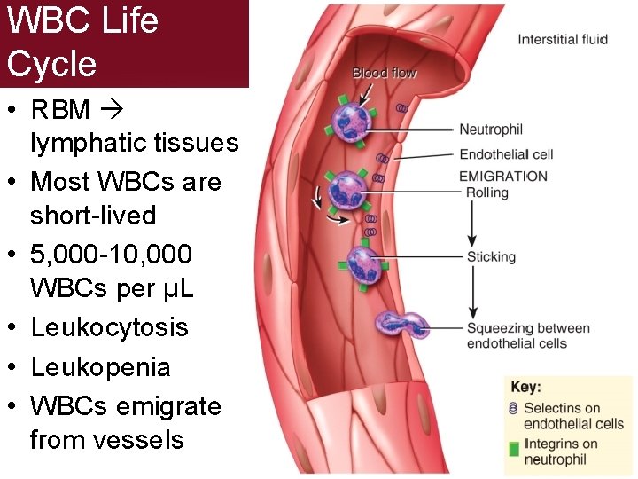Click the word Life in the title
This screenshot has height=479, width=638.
[x=127, y=20]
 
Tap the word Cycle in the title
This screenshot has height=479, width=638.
[x=51, y=63]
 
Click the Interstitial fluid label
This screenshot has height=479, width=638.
[x=562, y=39]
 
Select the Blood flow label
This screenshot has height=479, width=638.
[x=385, y=73]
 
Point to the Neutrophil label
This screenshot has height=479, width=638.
[x=491, y=130]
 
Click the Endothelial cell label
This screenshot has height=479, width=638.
[x=507, y=154]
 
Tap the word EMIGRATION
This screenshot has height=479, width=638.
[x=503, y=176]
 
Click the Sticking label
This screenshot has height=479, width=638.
[x=491, y=257]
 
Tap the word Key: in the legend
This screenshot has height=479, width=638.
[x=526, y=388]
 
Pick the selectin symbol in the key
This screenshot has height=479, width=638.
[x=513, y=409]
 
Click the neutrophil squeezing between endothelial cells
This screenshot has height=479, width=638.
[x=402, y=325]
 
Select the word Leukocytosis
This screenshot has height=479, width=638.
[x=109, y=327]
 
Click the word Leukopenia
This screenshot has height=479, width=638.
[x=100, y=367]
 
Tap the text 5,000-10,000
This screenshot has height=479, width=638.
[x=111, y=255]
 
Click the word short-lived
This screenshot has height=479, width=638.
[x=93, y=216]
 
